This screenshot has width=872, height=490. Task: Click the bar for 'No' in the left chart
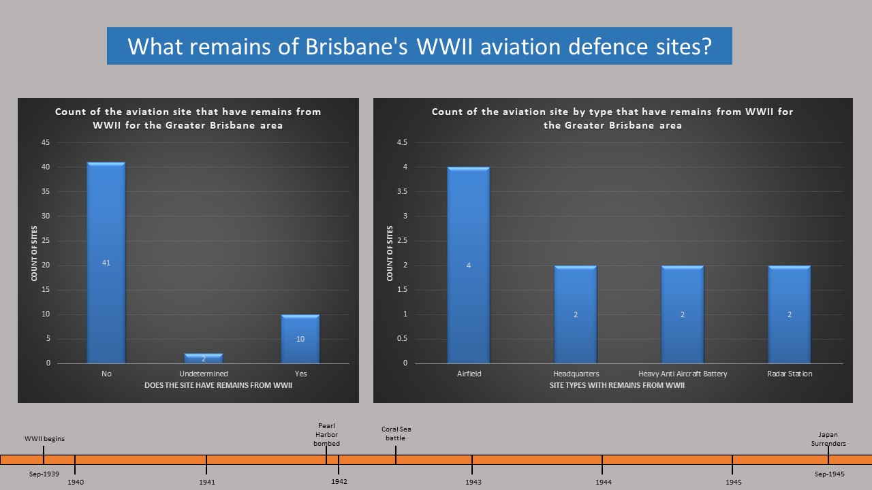[106, 263]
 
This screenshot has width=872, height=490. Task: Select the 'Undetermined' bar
[204, 359]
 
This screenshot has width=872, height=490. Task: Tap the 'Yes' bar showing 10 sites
[300, 339]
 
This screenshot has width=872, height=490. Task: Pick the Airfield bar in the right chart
[469, 265]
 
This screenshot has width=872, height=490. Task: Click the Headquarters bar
[576, 314]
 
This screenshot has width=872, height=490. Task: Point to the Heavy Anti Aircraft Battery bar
[683, 314]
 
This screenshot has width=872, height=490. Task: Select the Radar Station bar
[790, 314]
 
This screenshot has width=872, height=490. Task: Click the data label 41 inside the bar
[106, 263]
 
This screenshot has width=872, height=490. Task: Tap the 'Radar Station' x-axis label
[790, 374]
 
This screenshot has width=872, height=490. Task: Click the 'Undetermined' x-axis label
[204, 374]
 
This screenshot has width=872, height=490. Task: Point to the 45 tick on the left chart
[46, 143]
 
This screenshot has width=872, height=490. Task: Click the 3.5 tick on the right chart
[402, 192]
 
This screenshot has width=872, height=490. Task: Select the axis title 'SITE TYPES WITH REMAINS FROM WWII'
[617, 386]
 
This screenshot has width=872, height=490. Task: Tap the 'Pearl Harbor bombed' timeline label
[326, 435]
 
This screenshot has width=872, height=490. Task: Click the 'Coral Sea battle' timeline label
[396, 434]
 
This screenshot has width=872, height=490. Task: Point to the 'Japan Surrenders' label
[828, 439]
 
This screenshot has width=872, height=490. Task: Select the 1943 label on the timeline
[473, 482]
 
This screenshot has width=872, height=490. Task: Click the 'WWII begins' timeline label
[44, 439]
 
